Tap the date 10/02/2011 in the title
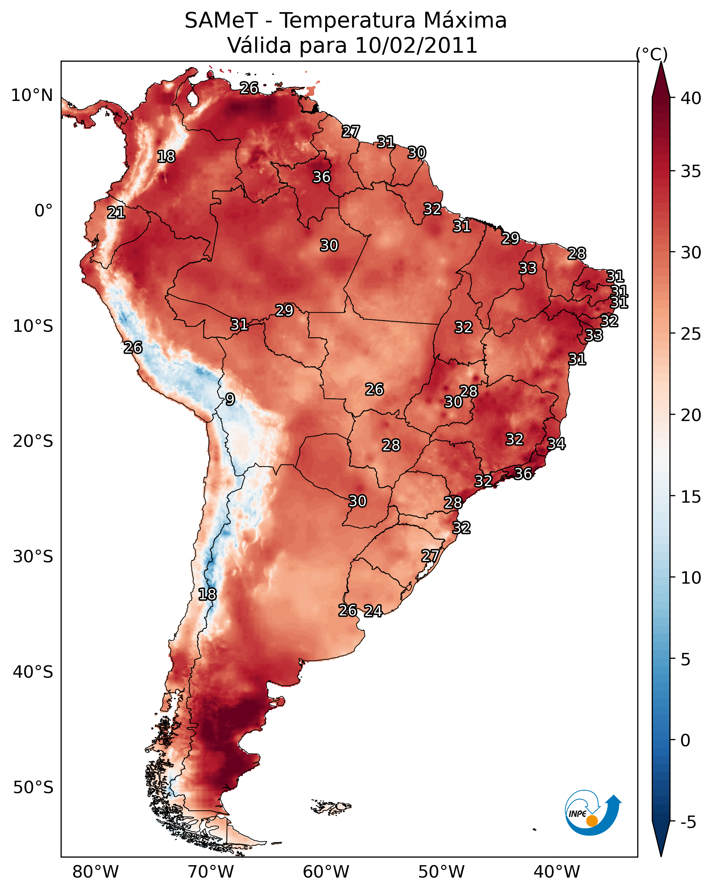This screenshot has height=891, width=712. pyautogui.click(x=416, y=45)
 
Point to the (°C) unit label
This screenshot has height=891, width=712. pyautogui.click(x=651, y=54)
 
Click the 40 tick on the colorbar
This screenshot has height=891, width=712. pyautogui.click(x=691, y=98)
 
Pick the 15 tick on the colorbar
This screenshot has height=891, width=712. pyautogui.click(x=691, y=497)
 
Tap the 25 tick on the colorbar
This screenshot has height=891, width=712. pyautogui.click(x=691, y=334)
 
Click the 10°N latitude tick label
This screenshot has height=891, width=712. pyautogui.click(x=32, y=95)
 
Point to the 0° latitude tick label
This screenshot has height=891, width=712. pyautogui.click(x=43, y=211)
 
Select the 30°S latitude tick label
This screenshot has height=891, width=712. pyautogui.click(x=33, y=557)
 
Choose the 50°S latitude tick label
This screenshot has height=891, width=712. pyautogui.click(x=33, y=788)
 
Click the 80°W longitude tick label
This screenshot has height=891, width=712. pyautogui.click(x=95, y=872)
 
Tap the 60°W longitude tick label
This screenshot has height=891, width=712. pyautogui.click(x=326, y=872)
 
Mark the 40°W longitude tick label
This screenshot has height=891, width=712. pyautogui.click(x=557, y=872)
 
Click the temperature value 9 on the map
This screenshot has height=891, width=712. pyautogui.click(x=230, y=399)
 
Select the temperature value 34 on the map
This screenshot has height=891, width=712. pyautogui.click(x=556, y=444)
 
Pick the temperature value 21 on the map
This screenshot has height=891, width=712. pyautogui.click(x=116, y=213)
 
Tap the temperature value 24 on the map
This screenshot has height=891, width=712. pyautogui.click(x=373, y=611)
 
